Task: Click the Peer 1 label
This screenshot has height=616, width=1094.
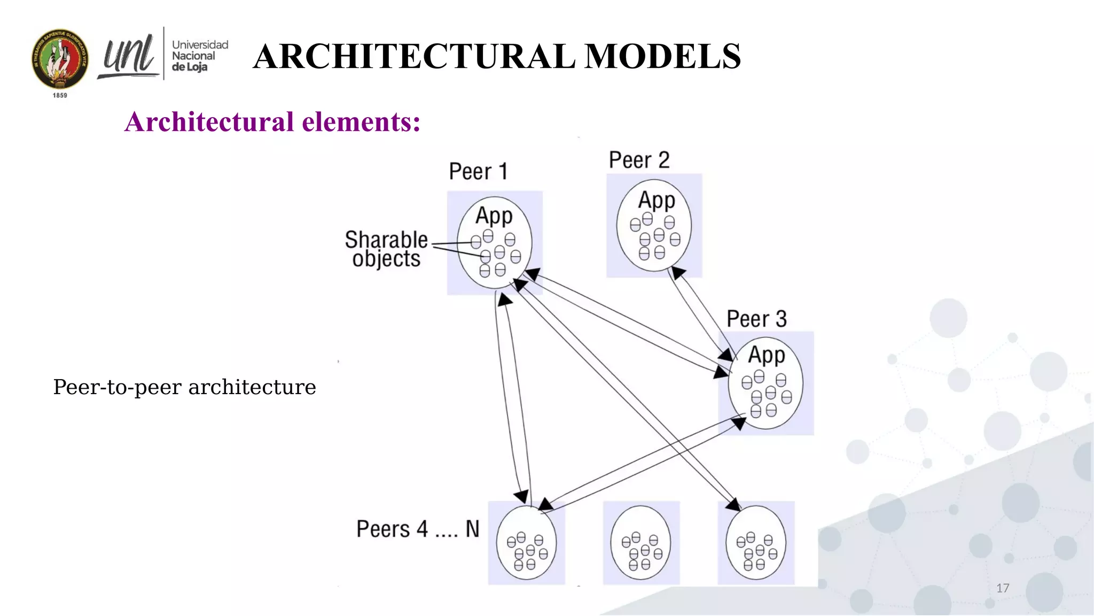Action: click(478, 172)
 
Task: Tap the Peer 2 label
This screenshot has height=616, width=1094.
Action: click(639, 160)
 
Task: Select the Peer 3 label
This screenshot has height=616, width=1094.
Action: click(756, 319)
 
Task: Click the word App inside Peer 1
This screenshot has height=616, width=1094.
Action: click(494, 216)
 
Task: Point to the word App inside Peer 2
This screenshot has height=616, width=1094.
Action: click(657, 201)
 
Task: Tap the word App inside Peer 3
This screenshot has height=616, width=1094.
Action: click(766, 355)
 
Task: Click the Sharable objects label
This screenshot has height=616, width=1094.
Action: click(386, 249)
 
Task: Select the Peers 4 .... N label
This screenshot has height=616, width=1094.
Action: click(418, 529)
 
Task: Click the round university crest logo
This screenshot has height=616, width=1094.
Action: click(60, 59)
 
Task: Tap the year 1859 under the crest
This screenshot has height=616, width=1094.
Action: click(60, 95)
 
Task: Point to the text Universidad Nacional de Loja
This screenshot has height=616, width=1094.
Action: click(199, 56)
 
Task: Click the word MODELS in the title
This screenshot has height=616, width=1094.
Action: click(662, 56)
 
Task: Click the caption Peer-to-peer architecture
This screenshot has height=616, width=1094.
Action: click(184, 387)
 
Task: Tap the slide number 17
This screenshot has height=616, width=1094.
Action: click(1003, 588)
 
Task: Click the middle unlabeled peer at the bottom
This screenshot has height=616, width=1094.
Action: click(640, 543)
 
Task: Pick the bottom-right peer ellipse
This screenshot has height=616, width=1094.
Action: click(755, 543)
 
